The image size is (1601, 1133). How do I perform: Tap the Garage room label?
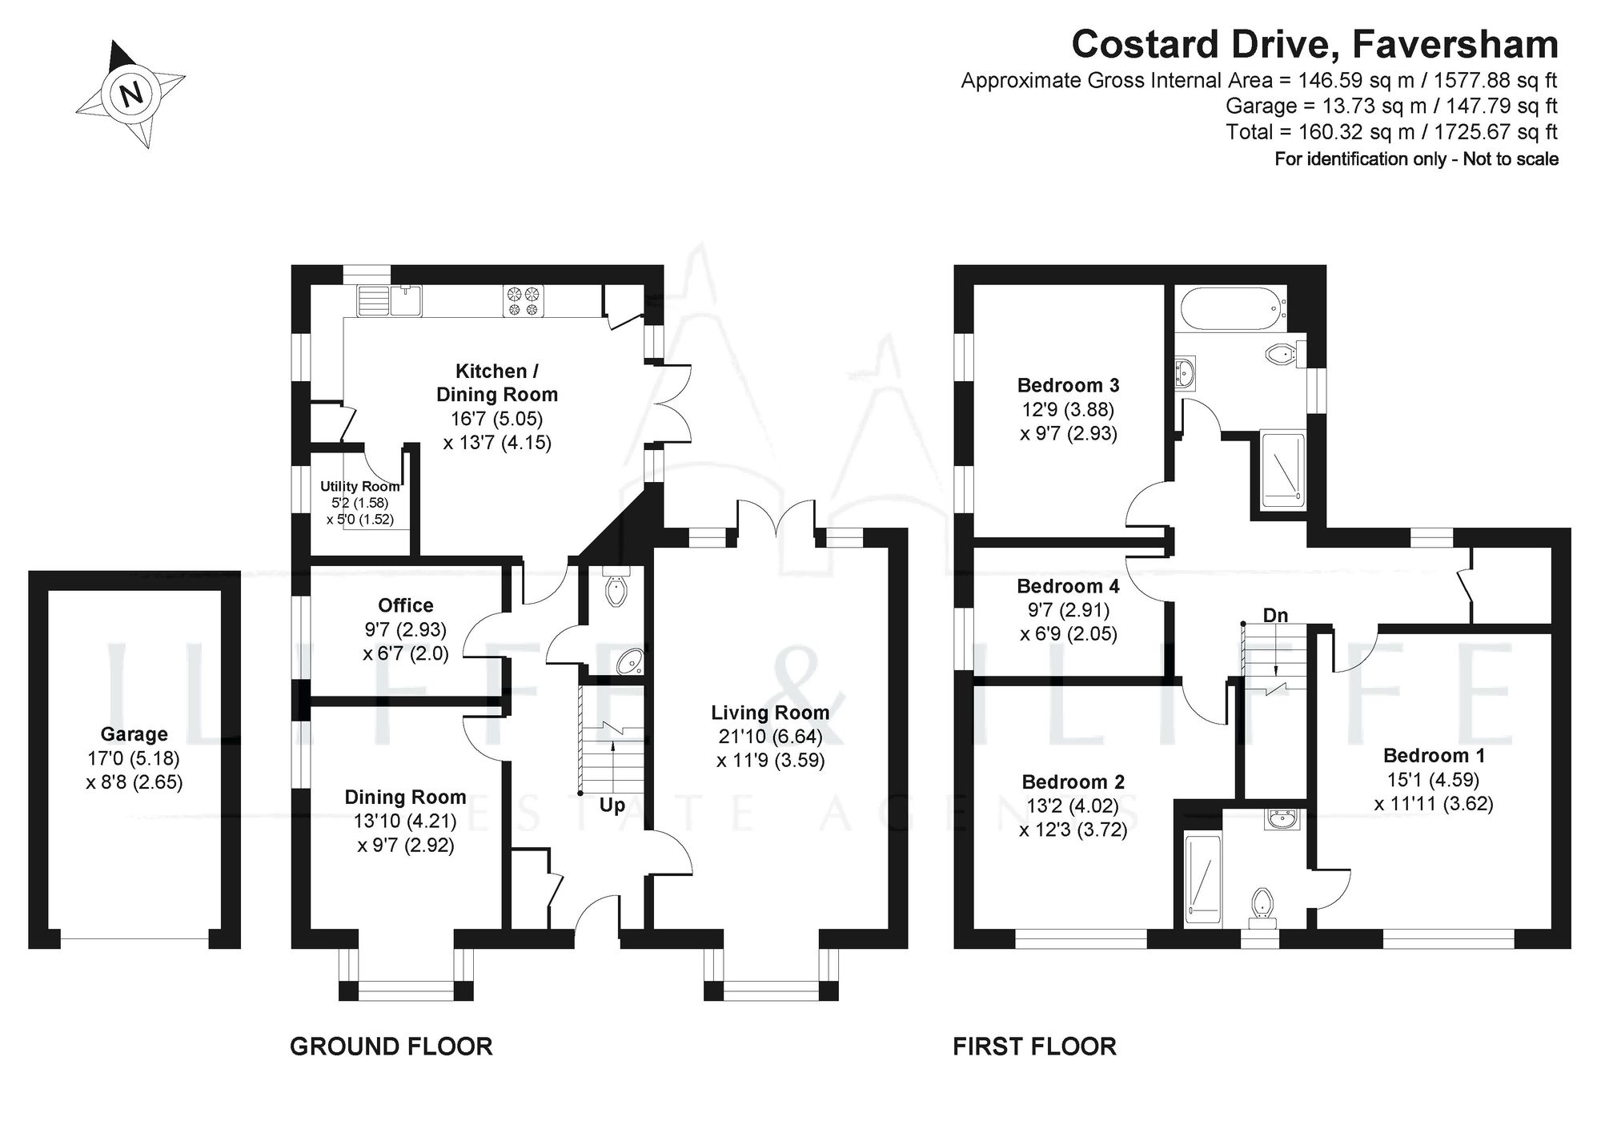134,733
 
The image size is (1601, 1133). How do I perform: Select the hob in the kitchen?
523,300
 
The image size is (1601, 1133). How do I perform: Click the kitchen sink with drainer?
390,301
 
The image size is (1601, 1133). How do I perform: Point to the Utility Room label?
359,486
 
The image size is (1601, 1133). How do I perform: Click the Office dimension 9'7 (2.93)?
405,629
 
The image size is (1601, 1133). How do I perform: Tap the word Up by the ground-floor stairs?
612,805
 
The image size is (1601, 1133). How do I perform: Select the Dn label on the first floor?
1275,615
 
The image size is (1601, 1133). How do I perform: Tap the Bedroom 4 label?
1068,586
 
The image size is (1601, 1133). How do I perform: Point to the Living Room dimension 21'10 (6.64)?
769,736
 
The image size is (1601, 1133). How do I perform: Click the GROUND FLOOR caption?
391,1046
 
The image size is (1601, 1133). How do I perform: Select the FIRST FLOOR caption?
1034,1046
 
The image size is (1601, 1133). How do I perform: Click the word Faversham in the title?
1455,44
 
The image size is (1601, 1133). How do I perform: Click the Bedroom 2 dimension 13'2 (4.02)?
1073,806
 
